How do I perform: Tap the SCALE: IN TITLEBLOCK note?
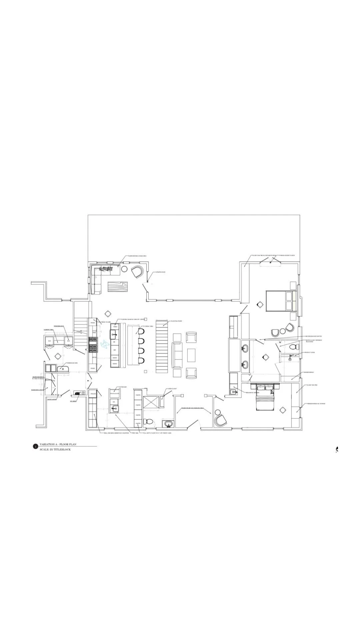(x=55, y=449)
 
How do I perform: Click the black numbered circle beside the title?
(x=35, y=447)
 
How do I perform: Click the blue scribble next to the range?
(x=104, y=344)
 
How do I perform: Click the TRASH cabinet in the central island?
(x=115, y=327)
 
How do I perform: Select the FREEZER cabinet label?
(x=93, y=394)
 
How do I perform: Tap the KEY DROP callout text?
(x=73, y=401)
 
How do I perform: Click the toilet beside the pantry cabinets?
(x=149, y=422)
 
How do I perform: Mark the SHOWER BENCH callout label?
(x=309, y=372)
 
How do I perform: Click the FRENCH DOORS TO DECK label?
(x=287, y=255)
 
